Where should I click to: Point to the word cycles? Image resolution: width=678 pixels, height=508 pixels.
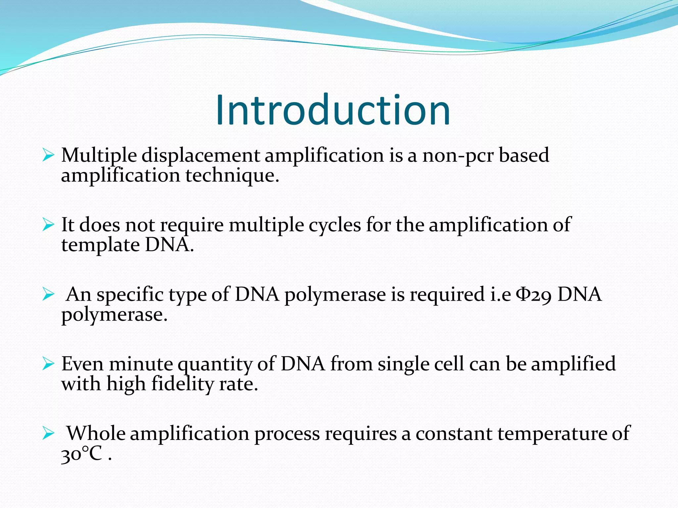334,225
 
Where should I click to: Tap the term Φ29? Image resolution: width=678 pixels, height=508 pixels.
534,294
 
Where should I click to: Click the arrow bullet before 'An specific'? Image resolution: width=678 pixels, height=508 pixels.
48,294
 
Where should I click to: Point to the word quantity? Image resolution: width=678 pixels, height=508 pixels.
215,364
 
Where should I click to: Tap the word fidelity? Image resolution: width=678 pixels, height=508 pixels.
182,384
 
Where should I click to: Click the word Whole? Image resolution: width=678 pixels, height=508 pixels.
96,433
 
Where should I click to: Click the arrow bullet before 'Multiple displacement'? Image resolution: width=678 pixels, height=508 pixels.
48,155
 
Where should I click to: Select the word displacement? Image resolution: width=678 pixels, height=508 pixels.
201,155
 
